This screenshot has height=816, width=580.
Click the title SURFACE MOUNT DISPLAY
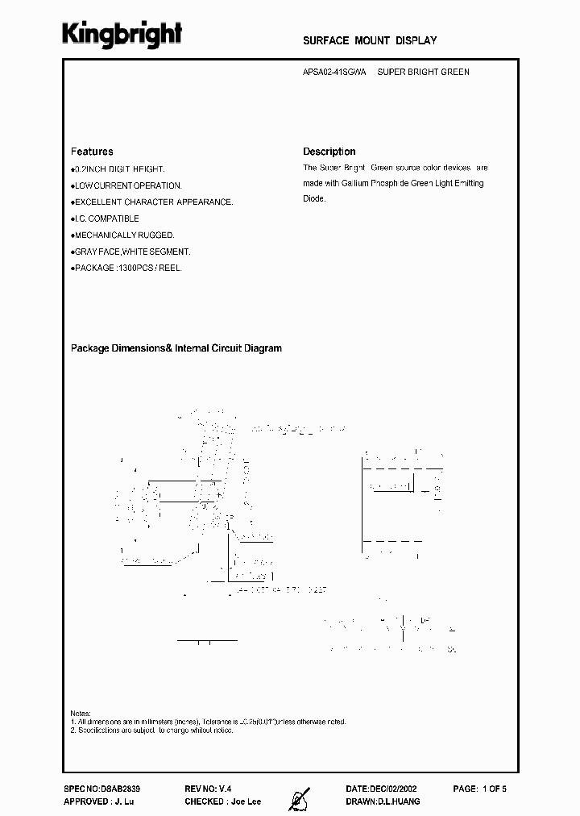[x=370, y=40]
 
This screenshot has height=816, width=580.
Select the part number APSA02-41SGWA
[x=334, y=72]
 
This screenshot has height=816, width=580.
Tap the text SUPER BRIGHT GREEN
[x=424, y=72]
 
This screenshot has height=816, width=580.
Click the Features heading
[x=92, y=152]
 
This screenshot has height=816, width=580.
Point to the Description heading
[x=329, y=152]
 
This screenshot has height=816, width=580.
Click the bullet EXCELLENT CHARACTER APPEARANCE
[x=153, y=202]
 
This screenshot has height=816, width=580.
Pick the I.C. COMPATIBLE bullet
[x=106, y=219]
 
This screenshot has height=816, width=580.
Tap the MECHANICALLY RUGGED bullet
[x=124, y=235]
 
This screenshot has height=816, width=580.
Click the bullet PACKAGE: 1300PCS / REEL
[x=127, y=268]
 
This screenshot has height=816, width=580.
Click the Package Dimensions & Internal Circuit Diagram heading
[x=176, y=348]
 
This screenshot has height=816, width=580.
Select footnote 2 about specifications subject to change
[x=153, y=730]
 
